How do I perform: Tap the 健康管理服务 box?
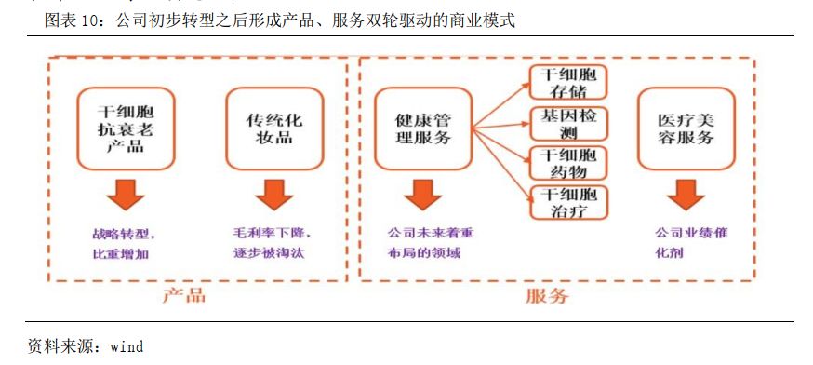click(x=423, y=128)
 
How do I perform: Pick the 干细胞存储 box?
click(x=568, y=81)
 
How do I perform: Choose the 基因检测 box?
click(x=568, y=125)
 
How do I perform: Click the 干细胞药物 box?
click(x=568, y=164)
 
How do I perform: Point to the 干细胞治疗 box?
click(x=568, y=203)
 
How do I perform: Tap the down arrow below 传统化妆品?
click(x=269, y=195)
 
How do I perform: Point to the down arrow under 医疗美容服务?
click(x=685, y=195)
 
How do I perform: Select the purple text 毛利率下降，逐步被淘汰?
click(x=271, y=242)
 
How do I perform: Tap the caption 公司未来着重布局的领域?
click(x=430, y=242)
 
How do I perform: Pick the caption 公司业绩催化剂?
click(x=690, y=242)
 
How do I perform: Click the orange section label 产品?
click(x=183, y=297)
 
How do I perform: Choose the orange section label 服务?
click(x=546, y=297)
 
